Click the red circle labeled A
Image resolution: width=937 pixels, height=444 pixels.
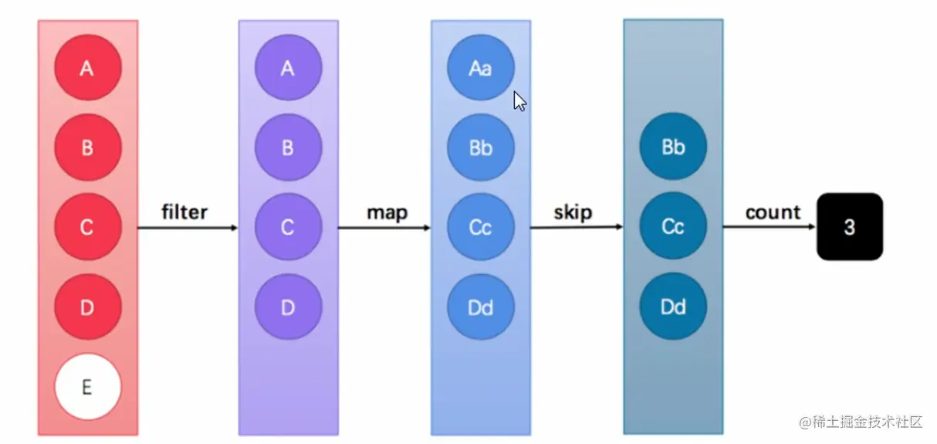click(x=87, y=68)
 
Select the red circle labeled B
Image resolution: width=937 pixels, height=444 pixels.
click(x=87, y=147)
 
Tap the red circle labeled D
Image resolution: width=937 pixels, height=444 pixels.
click(x=87, y=307)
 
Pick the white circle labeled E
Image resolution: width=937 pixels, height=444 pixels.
click(x=87, y=387)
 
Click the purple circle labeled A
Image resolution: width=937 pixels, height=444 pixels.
click(x=288, y=68)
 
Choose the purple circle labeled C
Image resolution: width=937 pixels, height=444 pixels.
click(x=288, y=227)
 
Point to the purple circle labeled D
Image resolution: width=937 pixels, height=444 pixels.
click(x=288, y=307)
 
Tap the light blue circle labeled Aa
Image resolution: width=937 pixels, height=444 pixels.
click(x=480, y=68)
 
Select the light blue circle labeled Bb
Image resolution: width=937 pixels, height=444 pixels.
click(x=480, y=147)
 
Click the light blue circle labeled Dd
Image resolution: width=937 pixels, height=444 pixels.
click(x=480, y=307)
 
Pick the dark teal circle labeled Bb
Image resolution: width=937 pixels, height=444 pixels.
click(x=673, y=147)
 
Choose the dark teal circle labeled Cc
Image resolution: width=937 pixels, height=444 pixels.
click(x=673, y=227)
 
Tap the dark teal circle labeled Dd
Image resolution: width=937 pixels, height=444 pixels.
click(x=673, y=307)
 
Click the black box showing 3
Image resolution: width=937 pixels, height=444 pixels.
click(x=849, y=227)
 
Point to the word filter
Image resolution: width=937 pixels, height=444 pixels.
click(x=184, y=212)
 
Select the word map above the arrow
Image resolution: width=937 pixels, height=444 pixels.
click(x=387, y=212)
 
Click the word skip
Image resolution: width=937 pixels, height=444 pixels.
click(x=572, y=212)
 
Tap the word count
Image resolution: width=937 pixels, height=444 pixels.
click(x=773, y=212)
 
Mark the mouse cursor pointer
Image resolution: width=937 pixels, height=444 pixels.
click(x=520, y=102)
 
